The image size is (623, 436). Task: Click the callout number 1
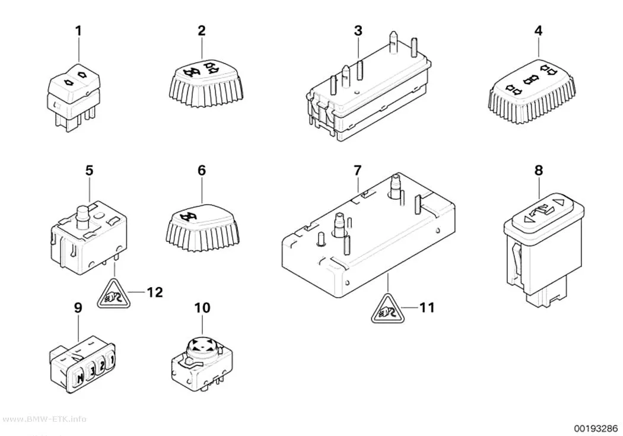point(78,31)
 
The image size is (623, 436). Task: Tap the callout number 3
point(358,31)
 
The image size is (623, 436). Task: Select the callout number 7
point(358,171)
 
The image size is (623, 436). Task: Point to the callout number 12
point(154,292)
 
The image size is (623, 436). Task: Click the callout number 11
point(427,307)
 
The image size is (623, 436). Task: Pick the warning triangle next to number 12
point(114,295)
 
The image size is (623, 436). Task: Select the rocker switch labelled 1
point(74,97)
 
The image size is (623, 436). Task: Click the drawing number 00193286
point(595,428)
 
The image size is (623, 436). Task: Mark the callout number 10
point(202,308)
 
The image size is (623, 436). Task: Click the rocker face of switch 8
point(542,208)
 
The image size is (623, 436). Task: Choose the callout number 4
point(538,31)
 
